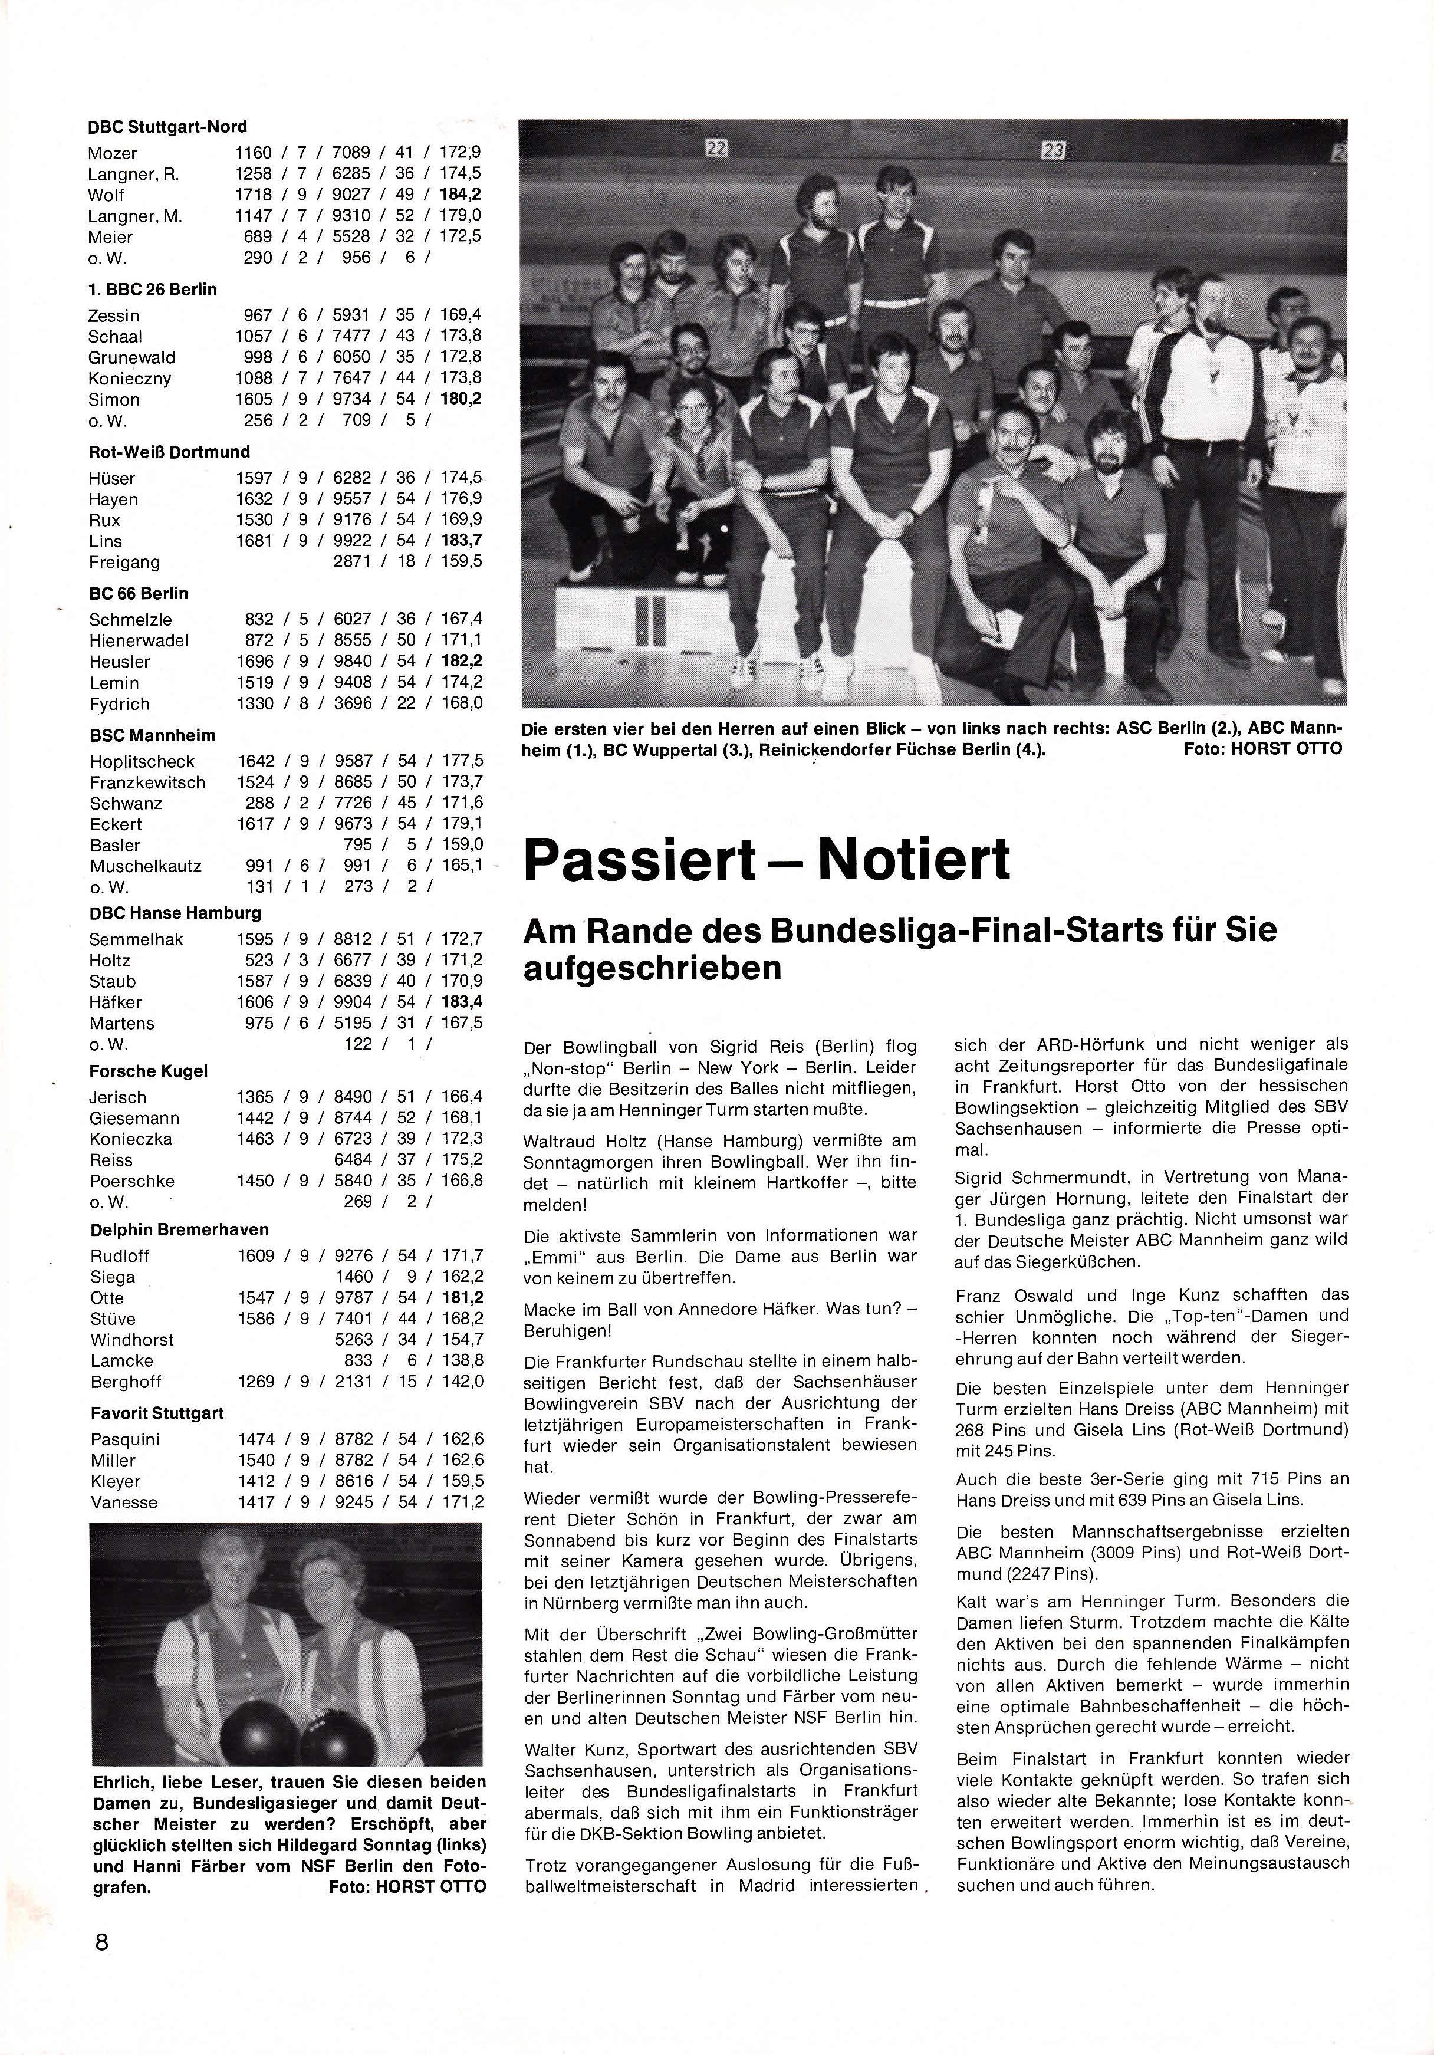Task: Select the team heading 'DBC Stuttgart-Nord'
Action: [x=167, y=127]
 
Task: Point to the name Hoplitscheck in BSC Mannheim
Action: [x=142, y=762]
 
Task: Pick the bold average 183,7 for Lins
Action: [x=461, y=541]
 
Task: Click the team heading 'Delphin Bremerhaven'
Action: [x=179, y=1230]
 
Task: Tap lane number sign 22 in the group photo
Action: [x=716, y=149]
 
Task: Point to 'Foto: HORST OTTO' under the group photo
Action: [x=1262, y=749]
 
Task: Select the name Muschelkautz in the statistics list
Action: [x=145, y=866]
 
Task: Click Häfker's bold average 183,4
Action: [x=461, y=1002]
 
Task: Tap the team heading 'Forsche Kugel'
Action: [x=147, y=1071]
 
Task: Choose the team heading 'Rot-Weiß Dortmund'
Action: [x=169, y=452]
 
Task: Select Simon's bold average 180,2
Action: [x=461, y=399]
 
